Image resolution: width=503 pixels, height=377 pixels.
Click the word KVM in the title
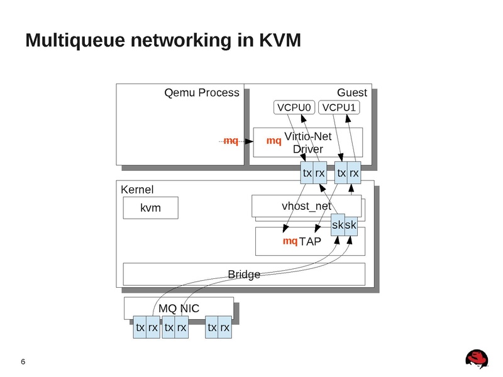[x=280, y=40]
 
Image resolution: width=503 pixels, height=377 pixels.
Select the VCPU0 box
[x=294, y=108]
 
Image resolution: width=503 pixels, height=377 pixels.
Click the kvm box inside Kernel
[x=150, y=208]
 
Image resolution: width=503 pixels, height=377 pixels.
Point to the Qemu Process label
[x=201, y=93]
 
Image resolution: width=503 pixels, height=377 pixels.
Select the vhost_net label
[x=306, y=206]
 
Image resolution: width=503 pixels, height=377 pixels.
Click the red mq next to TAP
[x=290, y=241]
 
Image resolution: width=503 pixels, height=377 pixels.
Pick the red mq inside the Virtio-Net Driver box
[x=274, y=141]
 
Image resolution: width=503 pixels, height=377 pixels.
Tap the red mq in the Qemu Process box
[x=231, y=141]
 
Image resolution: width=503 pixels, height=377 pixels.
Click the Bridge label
[x=243, y=274]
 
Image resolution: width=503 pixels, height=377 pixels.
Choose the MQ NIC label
[x=179, y=309]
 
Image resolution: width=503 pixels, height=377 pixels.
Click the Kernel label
[x=136, y=189]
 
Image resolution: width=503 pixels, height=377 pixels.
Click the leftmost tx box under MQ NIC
[x=140, y=327]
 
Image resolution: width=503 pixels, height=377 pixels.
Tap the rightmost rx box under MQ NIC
[x=224, y=327]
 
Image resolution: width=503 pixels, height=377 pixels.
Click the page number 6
[x=23, y=362]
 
